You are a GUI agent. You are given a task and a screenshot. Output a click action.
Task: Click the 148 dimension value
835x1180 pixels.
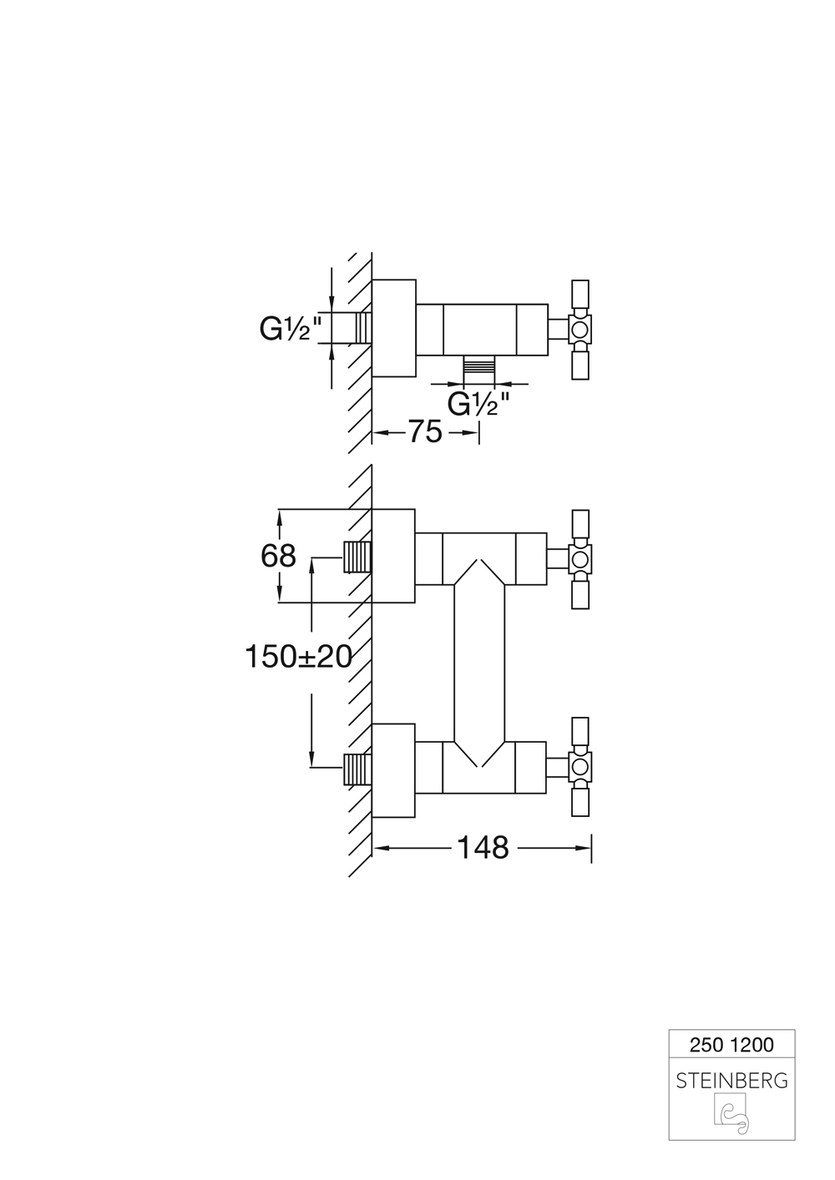click(x=483, y=848)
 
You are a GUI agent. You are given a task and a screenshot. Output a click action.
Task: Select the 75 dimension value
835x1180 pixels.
click(x=424, y=432)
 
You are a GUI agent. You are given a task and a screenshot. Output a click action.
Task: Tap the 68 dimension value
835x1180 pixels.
click(x=278, y=555)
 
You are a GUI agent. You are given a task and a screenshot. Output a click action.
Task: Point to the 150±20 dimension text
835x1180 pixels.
click(x=298, y=657)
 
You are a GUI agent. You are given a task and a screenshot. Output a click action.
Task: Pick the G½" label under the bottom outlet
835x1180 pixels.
click(x=478, y=404)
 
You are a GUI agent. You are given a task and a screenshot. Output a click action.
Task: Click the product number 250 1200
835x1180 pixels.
click(x=731, y=1044)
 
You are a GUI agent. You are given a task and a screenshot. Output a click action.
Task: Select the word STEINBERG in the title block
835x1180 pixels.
click(x=731, y=1081)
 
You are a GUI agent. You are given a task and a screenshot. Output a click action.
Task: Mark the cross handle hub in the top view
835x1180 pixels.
click(x=580, y=328)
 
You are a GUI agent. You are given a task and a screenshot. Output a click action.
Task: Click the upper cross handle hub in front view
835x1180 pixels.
click(x=580, y=558)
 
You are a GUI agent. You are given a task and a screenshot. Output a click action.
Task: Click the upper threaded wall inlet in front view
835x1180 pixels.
click(x=357, y=557)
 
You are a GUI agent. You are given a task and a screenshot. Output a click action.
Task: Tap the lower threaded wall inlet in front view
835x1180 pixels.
click(x=357, y=768)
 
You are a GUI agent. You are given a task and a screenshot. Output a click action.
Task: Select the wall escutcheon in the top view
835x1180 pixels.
click(x=393, y=328)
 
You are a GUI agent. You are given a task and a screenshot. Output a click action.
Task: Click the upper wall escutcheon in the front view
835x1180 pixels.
click(x=393, y=556)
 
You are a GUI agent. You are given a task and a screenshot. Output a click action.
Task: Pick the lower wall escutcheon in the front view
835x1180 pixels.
click(x=393, y=770)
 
